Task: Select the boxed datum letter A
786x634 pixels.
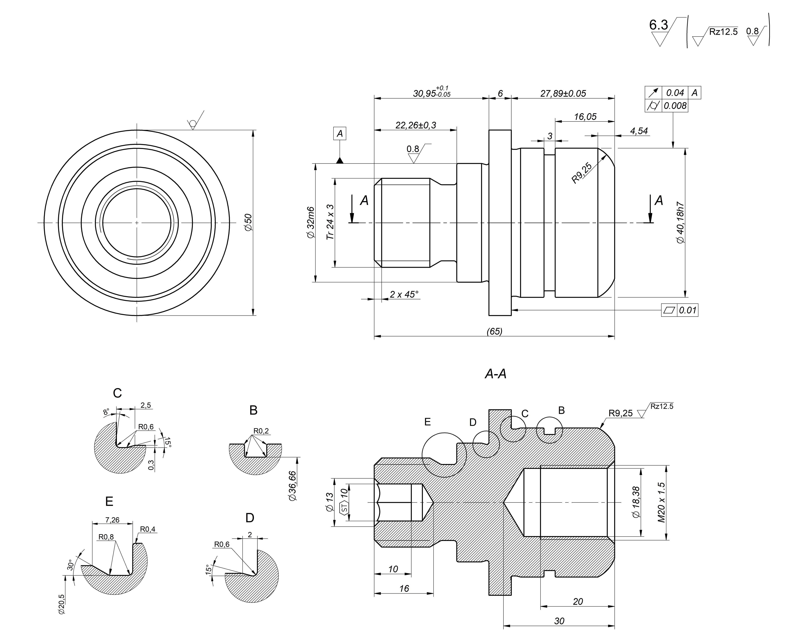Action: (x=339, y=134)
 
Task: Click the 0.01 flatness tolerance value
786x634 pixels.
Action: (x=688, y=311)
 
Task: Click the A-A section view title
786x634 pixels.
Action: (x=495, y=374)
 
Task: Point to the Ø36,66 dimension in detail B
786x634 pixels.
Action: (x=292, y=486)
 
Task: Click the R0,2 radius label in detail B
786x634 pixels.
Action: (x=261, y=431)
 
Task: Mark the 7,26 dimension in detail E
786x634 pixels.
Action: (x=112, y=520)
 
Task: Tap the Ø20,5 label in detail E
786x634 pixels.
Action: (x=61, y=604)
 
